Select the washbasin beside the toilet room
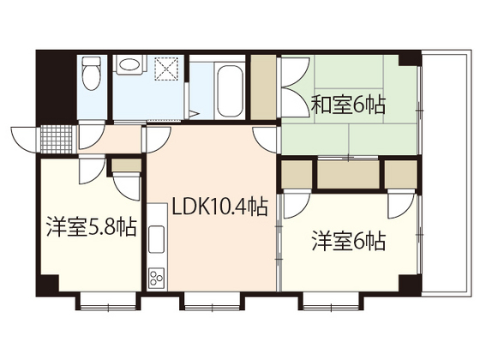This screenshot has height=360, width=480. coord(131,64)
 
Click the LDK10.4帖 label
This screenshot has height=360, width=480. coord(219,207)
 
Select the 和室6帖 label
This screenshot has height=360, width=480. coord(347,105)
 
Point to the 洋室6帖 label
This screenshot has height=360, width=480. coord(347,242)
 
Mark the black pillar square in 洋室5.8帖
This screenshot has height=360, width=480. coord(52,285)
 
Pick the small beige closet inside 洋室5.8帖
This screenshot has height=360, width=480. coord(125,165)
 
